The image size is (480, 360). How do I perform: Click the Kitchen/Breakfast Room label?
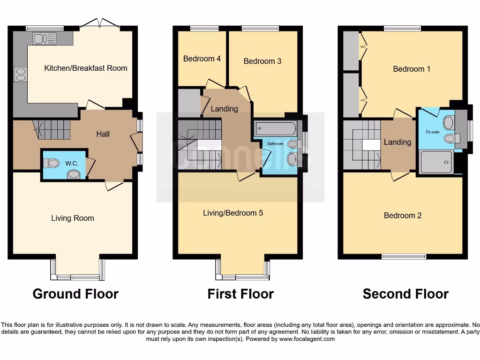pyautogui.click(x=86, y=68)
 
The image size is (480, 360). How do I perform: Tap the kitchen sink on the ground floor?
pyautogui.click(x=44, y=38)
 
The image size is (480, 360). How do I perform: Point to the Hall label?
pyautogui.click(x=103, y=134)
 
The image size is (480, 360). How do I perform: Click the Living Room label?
pyautogui.click(x=73, y=218)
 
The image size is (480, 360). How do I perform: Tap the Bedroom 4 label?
pyautogui.click(x=202, y=59)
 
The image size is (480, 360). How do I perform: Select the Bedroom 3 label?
pyautogui.click(x=262, y=61)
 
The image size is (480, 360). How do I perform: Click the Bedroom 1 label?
pyautogui.click(x=412, y=69)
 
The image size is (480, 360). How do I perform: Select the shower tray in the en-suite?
pyautogui.click(x=436, y=162)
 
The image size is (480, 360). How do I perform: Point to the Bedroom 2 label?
pyautogui.click(x=403, y=216)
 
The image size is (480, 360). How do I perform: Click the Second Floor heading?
pyautogui.click(x=405, y=294)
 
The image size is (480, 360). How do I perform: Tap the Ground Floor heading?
pyautogui.click(x=75, y=294)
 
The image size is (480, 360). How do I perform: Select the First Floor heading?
pyautogui.click(x=240, y=294)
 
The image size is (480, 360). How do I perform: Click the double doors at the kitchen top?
pyautogui.click(x=100, y=22)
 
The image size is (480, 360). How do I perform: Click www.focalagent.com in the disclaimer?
pyautogui.click(x=307, y=339)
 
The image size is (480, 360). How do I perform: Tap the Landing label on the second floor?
pyautogui.click(x=397, y=142)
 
